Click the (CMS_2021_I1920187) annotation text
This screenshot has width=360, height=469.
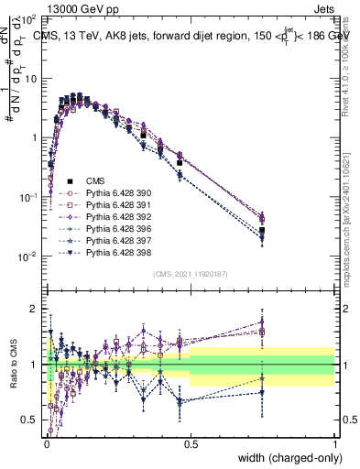[x=191, y=274]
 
